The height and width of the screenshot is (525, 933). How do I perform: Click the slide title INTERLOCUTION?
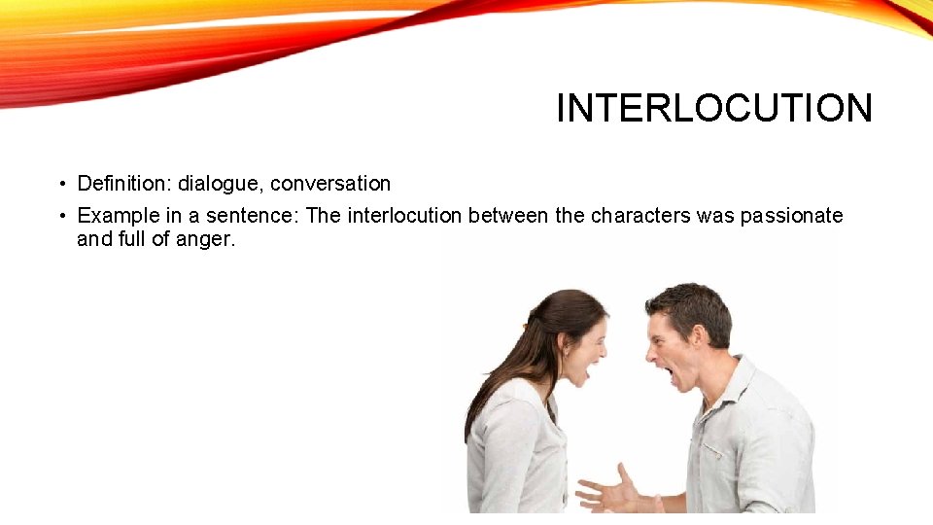click(714, 108)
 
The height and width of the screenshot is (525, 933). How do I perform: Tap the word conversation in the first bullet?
click(330, 184)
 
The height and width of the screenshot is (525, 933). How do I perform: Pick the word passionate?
click(791, 216)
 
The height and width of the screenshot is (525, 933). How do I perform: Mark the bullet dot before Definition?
click(60, 184)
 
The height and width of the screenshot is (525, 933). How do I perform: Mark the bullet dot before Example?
click(60, 216)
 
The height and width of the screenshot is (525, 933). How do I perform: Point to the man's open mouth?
click(670, 373)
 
